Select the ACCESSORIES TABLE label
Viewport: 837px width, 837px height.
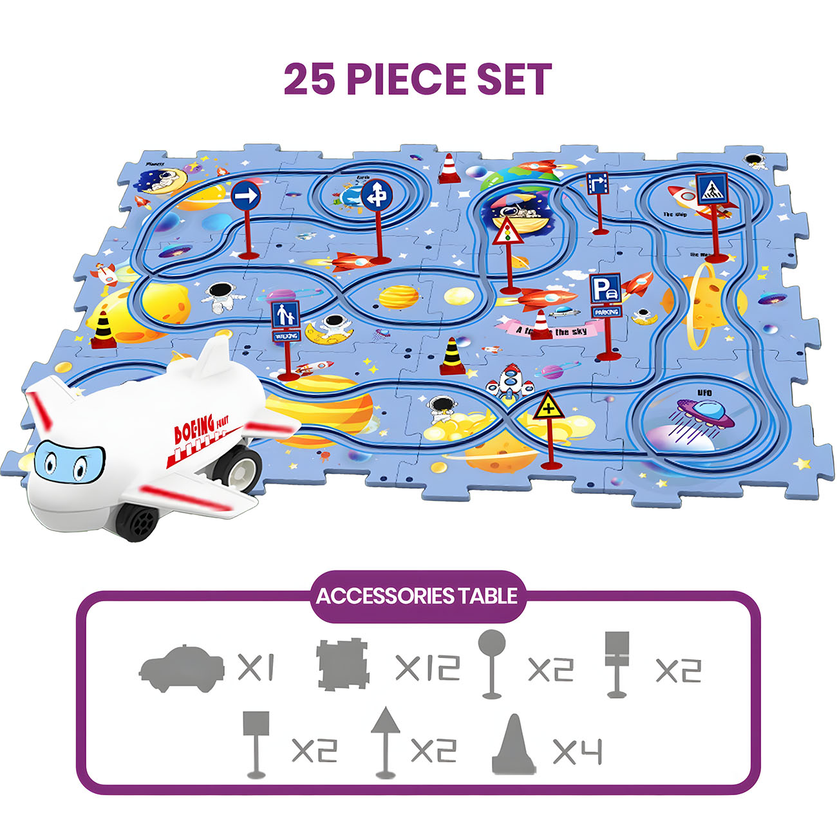pyautogui.click(x=417, y=596)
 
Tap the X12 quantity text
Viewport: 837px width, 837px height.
pyautogui.click(x=428, y=668)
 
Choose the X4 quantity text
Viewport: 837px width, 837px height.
pyautogui.click(x=577, y=751)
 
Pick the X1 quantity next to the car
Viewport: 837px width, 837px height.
pyautogui.click(x=256, y=668)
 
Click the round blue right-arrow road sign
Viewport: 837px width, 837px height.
pyautogui.click(x=245, y=194)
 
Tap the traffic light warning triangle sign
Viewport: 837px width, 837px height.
pyautogui.click(x=507, y=231)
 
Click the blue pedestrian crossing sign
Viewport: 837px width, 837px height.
pyautogui.click(x=711, y=189)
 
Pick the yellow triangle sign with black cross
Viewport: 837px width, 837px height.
pyautogui.click(x=548, y=406)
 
